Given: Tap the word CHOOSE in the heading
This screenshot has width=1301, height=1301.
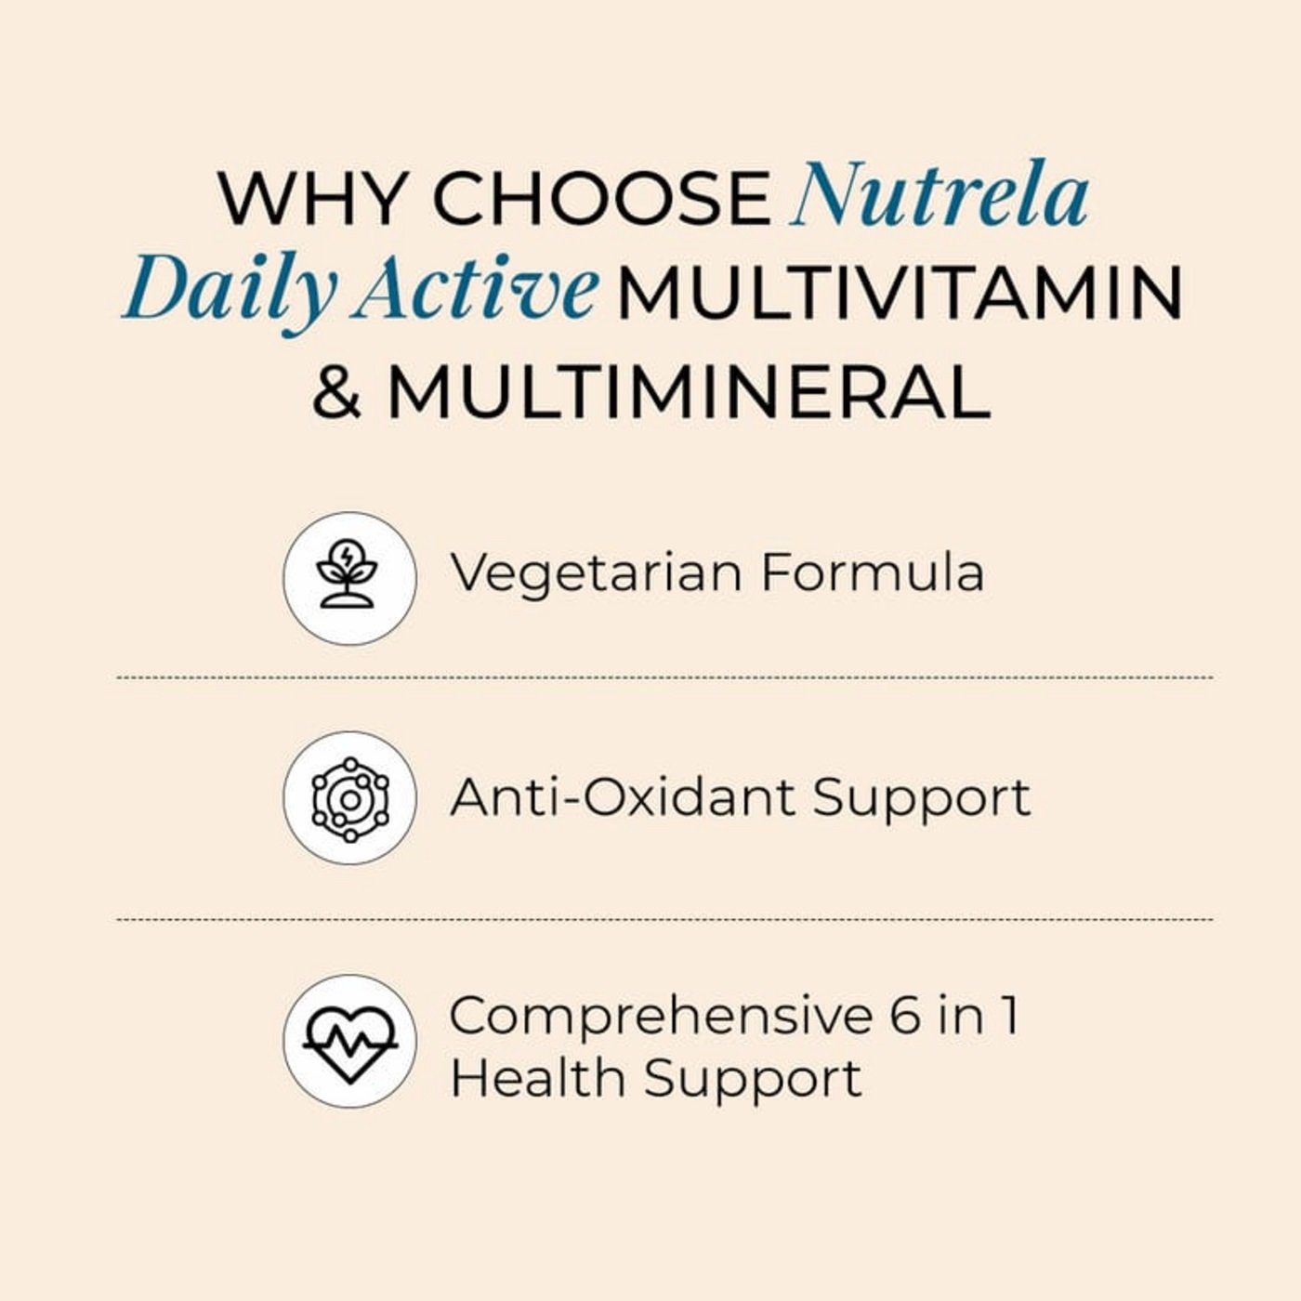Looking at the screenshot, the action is (x=602, y=199).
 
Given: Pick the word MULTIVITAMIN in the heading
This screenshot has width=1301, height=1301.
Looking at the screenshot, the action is (x=900, y=293).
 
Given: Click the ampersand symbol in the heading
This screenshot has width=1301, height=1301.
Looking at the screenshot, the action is (x=337, y=392).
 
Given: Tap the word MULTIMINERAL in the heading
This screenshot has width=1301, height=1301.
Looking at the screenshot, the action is (x=689, y=392).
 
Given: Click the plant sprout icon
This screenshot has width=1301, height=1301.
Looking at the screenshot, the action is (x=347, y=575).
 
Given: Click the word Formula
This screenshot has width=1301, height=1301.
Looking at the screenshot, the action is (x=873, y=573).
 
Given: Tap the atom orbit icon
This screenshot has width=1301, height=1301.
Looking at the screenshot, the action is (x=349, y=799).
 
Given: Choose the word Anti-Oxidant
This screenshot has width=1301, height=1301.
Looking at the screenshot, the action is (x=624, y=797).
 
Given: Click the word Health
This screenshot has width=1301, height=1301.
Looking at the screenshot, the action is (x=537, y=1078).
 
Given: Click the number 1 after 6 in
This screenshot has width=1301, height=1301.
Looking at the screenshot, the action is (x=1010, y=1017).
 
